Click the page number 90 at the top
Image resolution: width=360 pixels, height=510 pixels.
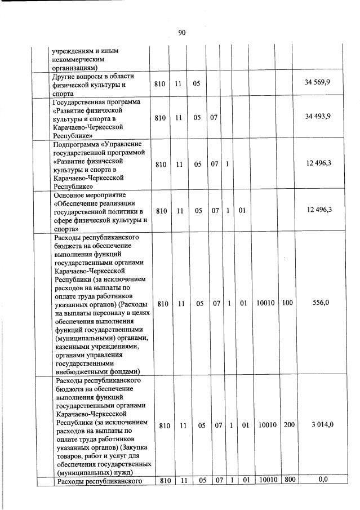[x=182, y=33]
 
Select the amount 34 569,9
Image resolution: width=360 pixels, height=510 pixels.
[x=317, y=83]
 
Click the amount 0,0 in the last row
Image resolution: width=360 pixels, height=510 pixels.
[x=323, y=480]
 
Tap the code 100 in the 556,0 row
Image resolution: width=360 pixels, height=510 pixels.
[x=287, y=303]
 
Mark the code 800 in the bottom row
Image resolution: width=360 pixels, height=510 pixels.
[x=288, y=480]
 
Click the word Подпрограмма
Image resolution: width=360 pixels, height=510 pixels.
[x=77, y=144]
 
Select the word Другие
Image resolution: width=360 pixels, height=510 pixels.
[x=64, y=76]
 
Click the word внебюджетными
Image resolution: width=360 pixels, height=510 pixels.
[x=81, y=371]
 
